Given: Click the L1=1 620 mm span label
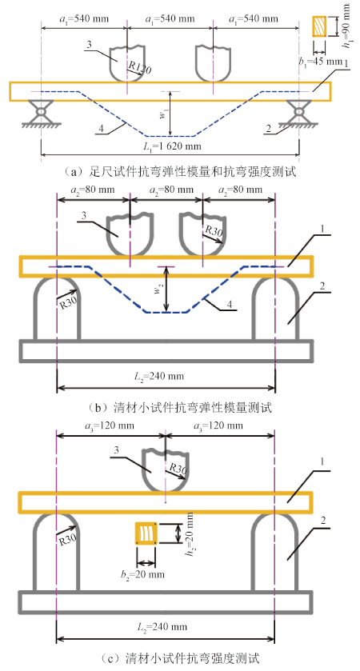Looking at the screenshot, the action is (171, 146).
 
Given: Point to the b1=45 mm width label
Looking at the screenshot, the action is (320, 62).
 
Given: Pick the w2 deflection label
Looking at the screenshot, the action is (158, 290).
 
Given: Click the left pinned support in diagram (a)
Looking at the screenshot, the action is (41, 113).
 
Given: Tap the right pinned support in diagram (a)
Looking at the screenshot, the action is (298, 113).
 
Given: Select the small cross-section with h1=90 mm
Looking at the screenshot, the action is (319, 26).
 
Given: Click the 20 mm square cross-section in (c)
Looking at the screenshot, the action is (146, 533).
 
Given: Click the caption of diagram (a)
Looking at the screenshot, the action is (180, 172).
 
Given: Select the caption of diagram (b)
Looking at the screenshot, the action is (180, 407).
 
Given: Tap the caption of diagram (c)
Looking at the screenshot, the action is (180, 657).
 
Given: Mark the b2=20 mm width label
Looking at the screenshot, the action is (143, 574).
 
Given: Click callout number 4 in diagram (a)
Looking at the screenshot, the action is (101, 128).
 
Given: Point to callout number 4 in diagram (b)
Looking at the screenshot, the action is (230, 304).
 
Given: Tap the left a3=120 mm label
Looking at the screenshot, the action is (110, 425).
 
